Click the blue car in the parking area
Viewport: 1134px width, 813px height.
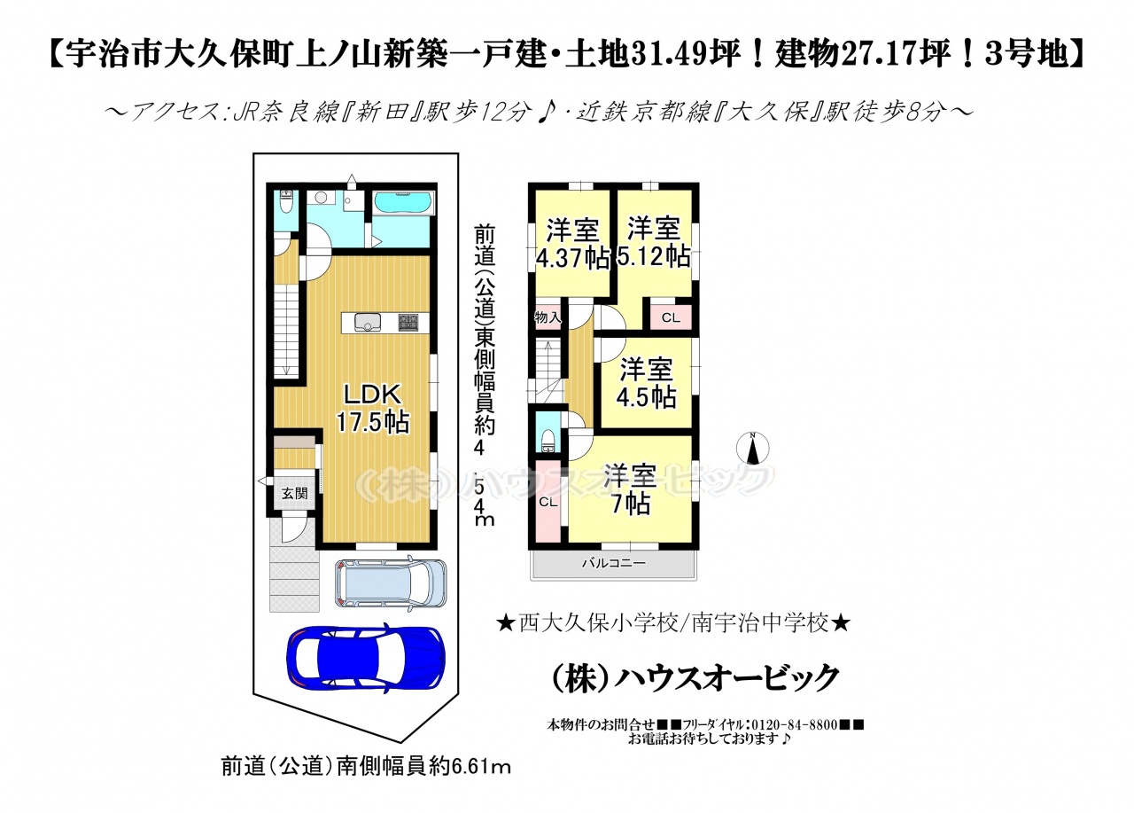pyautogui.click(x=366, y=656)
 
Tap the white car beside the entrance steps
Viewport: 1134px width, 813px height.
pyautogui.click(x=391, y=582)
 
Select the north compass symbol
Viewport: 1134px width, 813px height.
pyautogui.click(x=753, y=448)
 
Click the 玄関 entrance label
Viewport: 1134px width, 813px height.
pyautogui.click(x=294, y=493)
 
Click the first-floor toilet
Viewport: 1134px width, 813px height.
pyautogui.click(x=286, y=202)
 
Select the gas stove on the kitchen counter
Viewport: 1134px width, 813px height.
pyautogui.click(x=408, y=322)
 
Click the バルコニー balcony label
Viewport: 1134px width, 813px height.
pyautogui.click(x=614, y=563)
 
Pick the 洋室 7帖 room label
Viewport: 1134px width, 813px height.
pyautogui.click(x=630, y=489)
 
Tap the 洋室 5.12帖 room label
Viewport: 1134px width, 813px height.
pyautogui.click(x=654, y=242)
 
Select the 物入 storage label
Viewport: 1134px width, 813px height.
pyautogui.click(x=548, y=317)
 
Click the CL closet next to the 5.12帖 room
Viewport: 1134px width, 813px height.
pyautogui.click(x=671, y=317)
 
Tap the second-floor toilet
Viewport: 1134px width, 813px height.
pyautogui.click(x=547, y=440)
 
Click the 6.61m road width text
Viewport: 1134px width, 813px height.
pyautogui.click(x=481, y=768)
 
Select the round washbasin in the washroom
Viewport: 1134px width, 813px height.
pyautogui.click(x=322, y=198)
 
